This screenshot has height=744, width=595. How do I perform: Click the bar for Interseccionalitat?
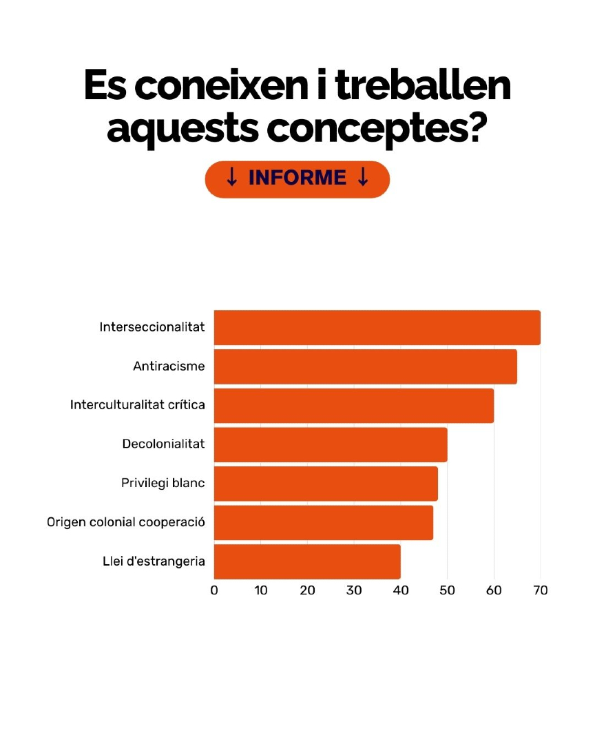377,327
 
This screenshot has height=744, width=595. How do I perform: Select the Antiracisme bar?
365,366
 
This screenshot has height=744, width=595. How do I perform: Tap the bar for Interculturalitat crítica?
353,405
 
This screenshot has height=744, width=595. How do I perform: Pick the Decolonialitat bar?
331,444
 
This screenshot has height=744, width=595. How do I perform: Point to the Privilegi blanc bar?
326,484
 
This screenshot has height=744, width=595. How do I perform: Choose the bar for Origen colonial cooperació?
323,522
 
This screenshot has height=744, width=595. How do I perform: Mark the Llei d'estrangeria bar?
307,561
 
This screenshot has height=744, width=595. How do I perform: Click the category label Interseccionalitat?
152,327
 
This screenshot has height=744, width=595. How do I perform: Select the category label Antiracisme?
169,366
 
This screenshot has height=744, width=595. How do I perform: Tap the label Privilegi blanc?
163,484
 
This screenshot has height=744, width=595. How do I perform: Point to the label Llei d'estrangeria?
154,561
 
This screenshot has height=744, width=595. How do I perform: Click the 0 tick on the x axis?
214,590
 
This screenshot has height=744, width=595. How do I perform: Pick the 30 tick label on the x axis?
354,590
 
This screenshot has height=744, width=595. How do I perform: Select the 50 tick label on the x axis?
448,590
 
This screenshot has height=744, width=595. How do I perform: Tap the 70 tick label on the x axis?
541,590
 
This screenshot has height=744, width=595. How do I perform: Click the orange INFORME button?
297,179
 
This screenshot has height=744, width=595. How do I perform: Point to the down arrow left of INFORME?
232,178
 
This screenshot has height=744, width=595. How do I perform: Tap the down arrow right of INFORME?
363,178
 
